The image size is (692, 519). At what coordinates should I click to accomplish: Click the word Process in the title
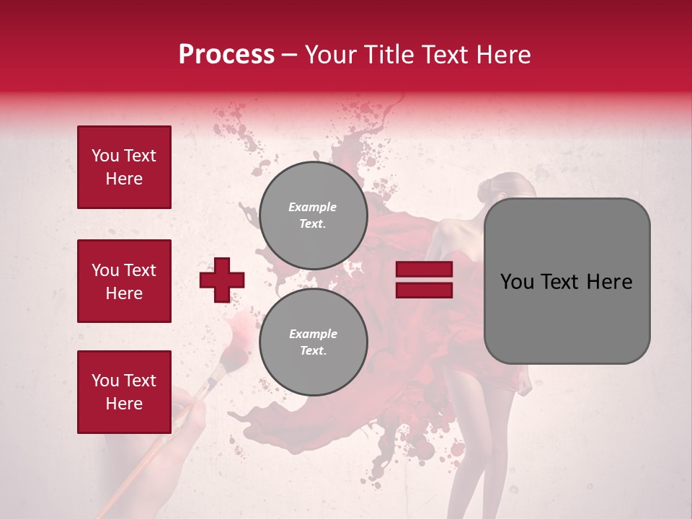click(x=226, y=55)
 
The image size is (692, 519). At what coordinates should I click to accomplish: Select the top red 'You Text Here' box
click(x=124, y=167)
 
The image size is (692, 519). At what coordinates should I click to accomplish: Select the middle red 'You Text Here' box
click(x=124, y=281)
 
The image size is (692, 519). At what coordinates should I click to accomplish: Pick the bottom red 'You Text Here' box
click(x=124, y=392)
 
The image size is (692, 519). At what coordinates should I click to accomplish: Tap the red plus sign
click(x=222, y=280)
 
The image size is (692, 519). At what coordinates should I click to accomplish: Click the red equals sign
click(x=424, y=280)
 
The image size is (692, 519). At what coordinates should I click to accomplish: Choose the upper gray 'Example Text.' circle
click(x=313, y=216)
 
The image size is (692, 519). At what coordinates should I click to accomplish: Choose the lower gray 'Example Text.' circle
click(x=313, y=342)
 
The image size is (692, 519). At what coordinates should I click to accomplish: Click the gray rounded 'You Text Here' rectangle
click(x=567, y=281)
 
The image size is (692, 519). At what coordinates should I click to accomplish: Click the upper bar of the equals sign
click(x=424, y=270)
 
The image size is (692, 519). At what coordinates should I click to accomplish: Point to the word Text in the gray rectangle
click(x=567, y=282)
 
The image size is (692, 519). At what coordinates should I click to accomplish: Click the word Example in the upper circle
click(x=313, y=207)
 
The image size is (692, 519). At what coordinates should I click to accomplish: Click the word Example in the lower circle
click(x=313, y=334)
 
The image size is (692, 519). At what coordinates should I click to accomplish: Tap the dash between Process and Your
click(x=289, y=55)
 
